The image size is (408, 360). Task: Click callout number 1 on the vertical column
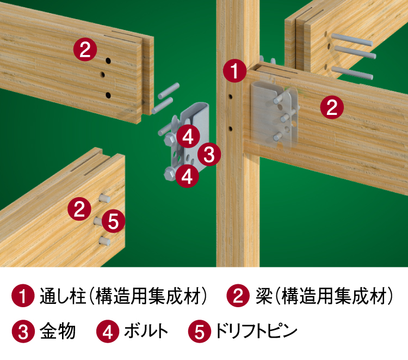[x=234, y=72]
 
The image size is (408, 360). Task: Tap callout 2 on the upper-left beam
[x=85, y=50]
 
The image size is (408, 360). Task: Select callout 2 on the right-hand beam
[x=331, y=107]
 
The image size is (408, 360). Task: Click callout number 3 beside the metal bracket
[x=208, y=155]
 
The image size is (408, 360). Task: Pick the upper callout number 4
[x=187, y=136]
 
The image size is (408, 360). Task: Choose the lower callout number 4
[x=187, y=176]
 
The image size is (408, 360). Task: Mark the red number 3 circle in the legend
[x=23, y=332]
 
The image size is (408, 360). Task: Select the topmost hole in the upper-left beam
[x=108, y=60]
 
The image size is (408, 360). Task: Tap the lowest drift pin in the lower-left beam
[x=104, y=241]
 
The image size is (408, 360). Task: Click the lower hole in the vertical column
[x=231, y=129]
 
